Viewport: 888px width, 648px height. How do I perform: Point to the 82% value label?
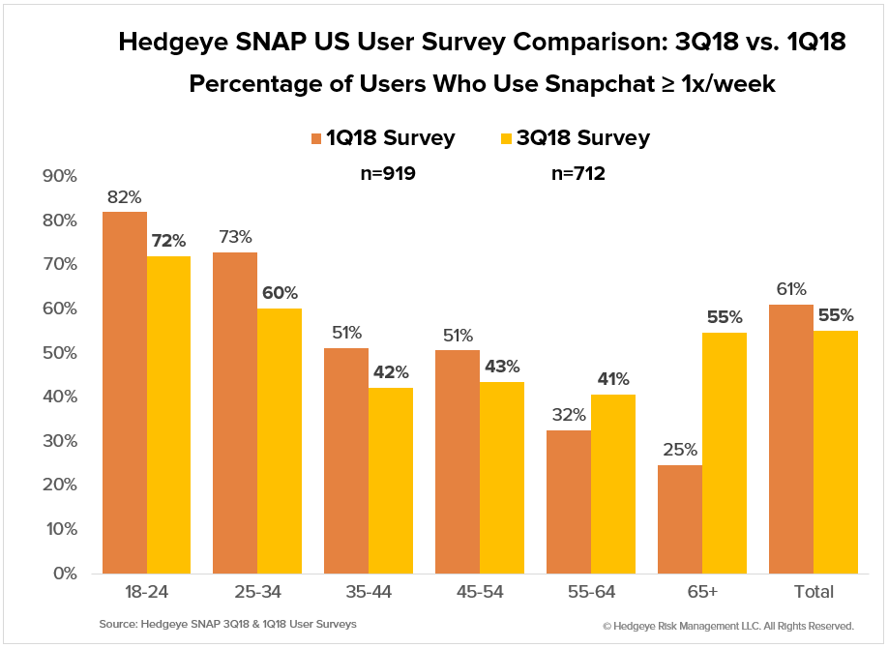pos(125,195)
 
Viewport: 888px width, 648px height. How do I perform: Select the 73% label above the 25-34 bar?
pos(235,236)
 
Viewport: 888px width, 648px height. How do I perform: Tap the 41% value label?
pos(612,378)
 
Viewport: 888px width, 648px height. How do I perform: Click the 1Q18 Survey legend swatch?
pos(316,138)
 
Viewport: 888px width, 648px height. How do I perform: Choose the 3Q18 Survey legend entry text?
pos(585,138)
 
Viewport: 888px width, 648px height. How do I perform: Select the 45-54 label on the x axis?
pos(480,592)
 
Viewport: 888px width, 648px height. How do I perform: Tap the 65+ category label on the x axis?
pos(702,592)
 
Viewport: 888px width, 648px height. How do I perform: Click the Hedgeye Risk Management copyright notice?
pos(727,626)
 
